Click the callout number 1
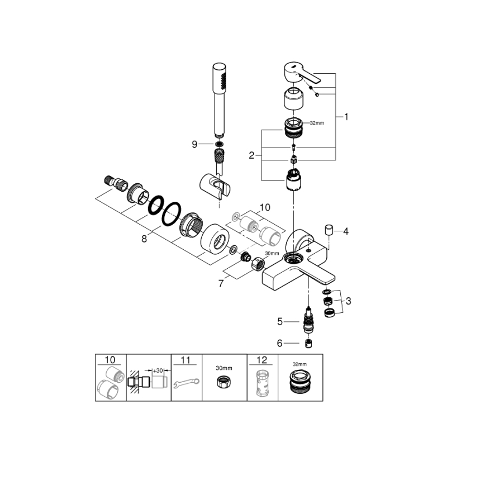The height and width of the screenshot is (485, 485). (x=346, y=117)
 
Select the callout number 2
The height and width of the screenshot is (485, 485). (x=252, y=155)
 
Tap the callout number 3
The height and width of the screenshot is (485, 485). (x=348, y=301)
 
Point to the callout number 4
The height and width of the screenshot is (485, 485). (x=346, y=230)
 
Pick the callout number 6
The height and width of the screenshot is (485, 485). (x=280, y=343)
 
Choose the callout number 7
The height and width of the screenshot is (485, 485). (x=221, y=283)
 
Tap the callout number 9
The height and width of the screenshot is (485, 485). (x=194, y=144)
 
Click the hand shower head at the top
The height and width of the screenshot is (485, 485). (x=220, y=84)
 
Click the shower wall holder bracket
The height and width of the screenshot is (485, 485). (x=213, y=184)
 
